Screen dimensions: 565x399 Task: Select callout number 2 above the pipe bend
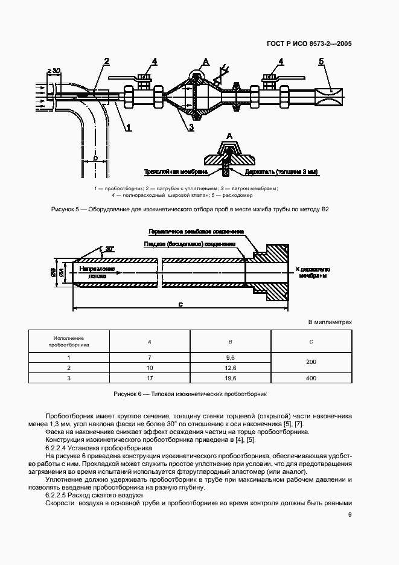[x=106, y=61]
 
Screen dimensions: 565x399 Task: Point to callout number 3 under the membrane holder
[x=190, y=127]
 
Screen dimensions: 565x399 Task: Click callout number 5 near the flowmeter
[x=321, y=61]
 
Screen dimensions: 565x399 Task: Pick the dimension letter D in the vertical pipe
[x=95, y=158]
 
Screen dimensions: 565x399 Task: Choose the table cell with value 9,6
[x=229, y=358]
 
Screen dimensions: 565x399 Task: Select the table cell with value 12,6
[x=229, y=368]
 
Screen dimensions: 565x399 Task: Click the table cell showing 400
[x=310, y=378]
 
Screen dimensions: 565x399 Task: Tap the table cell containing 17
[x=149, y=378]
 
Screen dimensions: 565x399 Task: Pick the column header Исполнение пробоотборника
[x=68, y=342]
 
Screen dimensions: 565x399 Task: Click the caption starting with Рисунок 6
[x=190, y=394]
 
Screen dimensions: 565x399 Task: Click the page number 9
[x=350, y=515]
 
